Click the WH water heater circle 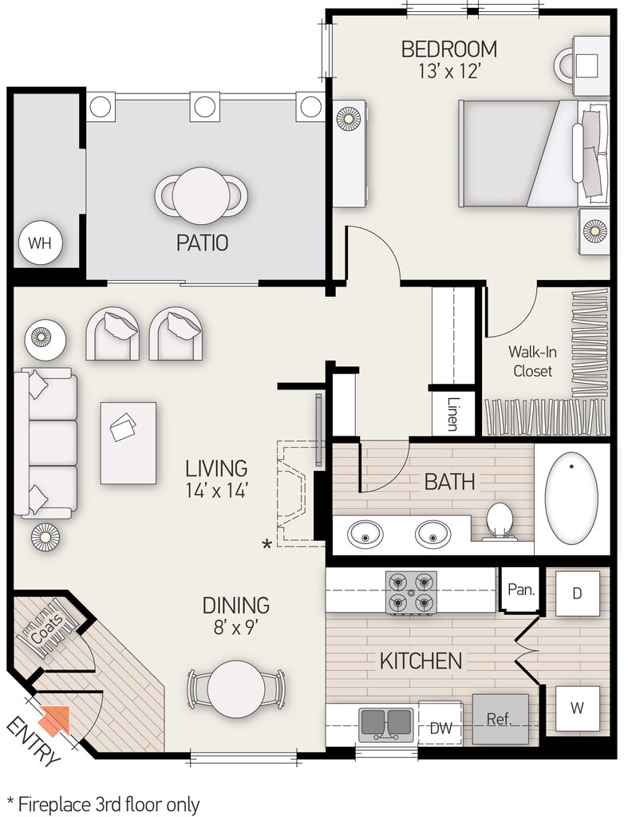40,243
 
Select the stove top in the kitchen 411,593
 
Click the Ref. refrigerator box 500,719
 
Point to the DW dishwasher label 441,728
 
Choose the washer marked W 577,708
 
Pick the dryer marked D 577,594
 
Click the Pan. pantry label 521,590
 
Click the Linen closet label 452,414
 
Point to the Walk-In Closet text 532,361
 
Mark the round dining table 235,689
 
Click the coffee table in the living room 128,443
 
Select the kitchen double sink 385,723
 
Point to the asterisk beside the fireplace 267,545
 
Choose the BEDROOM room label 448,49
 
